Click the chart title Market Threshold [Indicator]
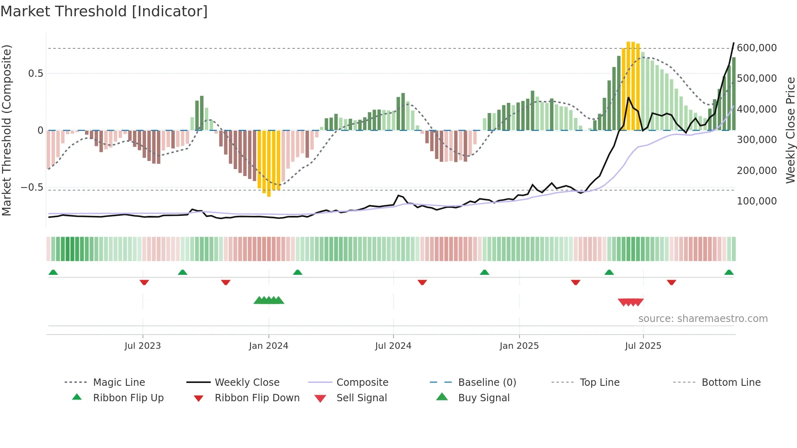(104, 11)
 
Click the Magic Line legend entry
(119, 382)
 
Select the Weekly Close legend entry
(247, 382)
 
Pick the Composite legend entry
(362, 382)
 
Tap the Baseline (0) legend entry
(487, 382)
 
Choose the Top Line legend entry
(599, 382)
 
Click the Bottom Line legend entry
(731, 382)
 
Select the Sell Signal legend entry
(361, 398)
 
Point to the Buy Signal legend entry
(483, 398)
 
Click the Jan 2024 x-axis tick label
(268, 346)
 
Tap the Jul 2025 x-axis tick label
(643, 346)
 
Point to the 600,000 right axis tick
(756, 48)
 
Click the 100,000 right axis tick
(756, 201)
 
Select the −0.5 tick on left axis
(32, 187)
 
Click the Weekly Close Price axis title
(790, 130)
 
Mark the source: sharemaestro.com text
(703, 318)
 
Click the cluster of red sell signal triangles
(630, 302)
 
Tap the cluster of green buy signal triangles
(269, 300)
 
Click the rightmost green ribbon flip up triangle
(729, 272)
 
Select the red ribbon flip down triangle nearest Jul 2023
(144, 282)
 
